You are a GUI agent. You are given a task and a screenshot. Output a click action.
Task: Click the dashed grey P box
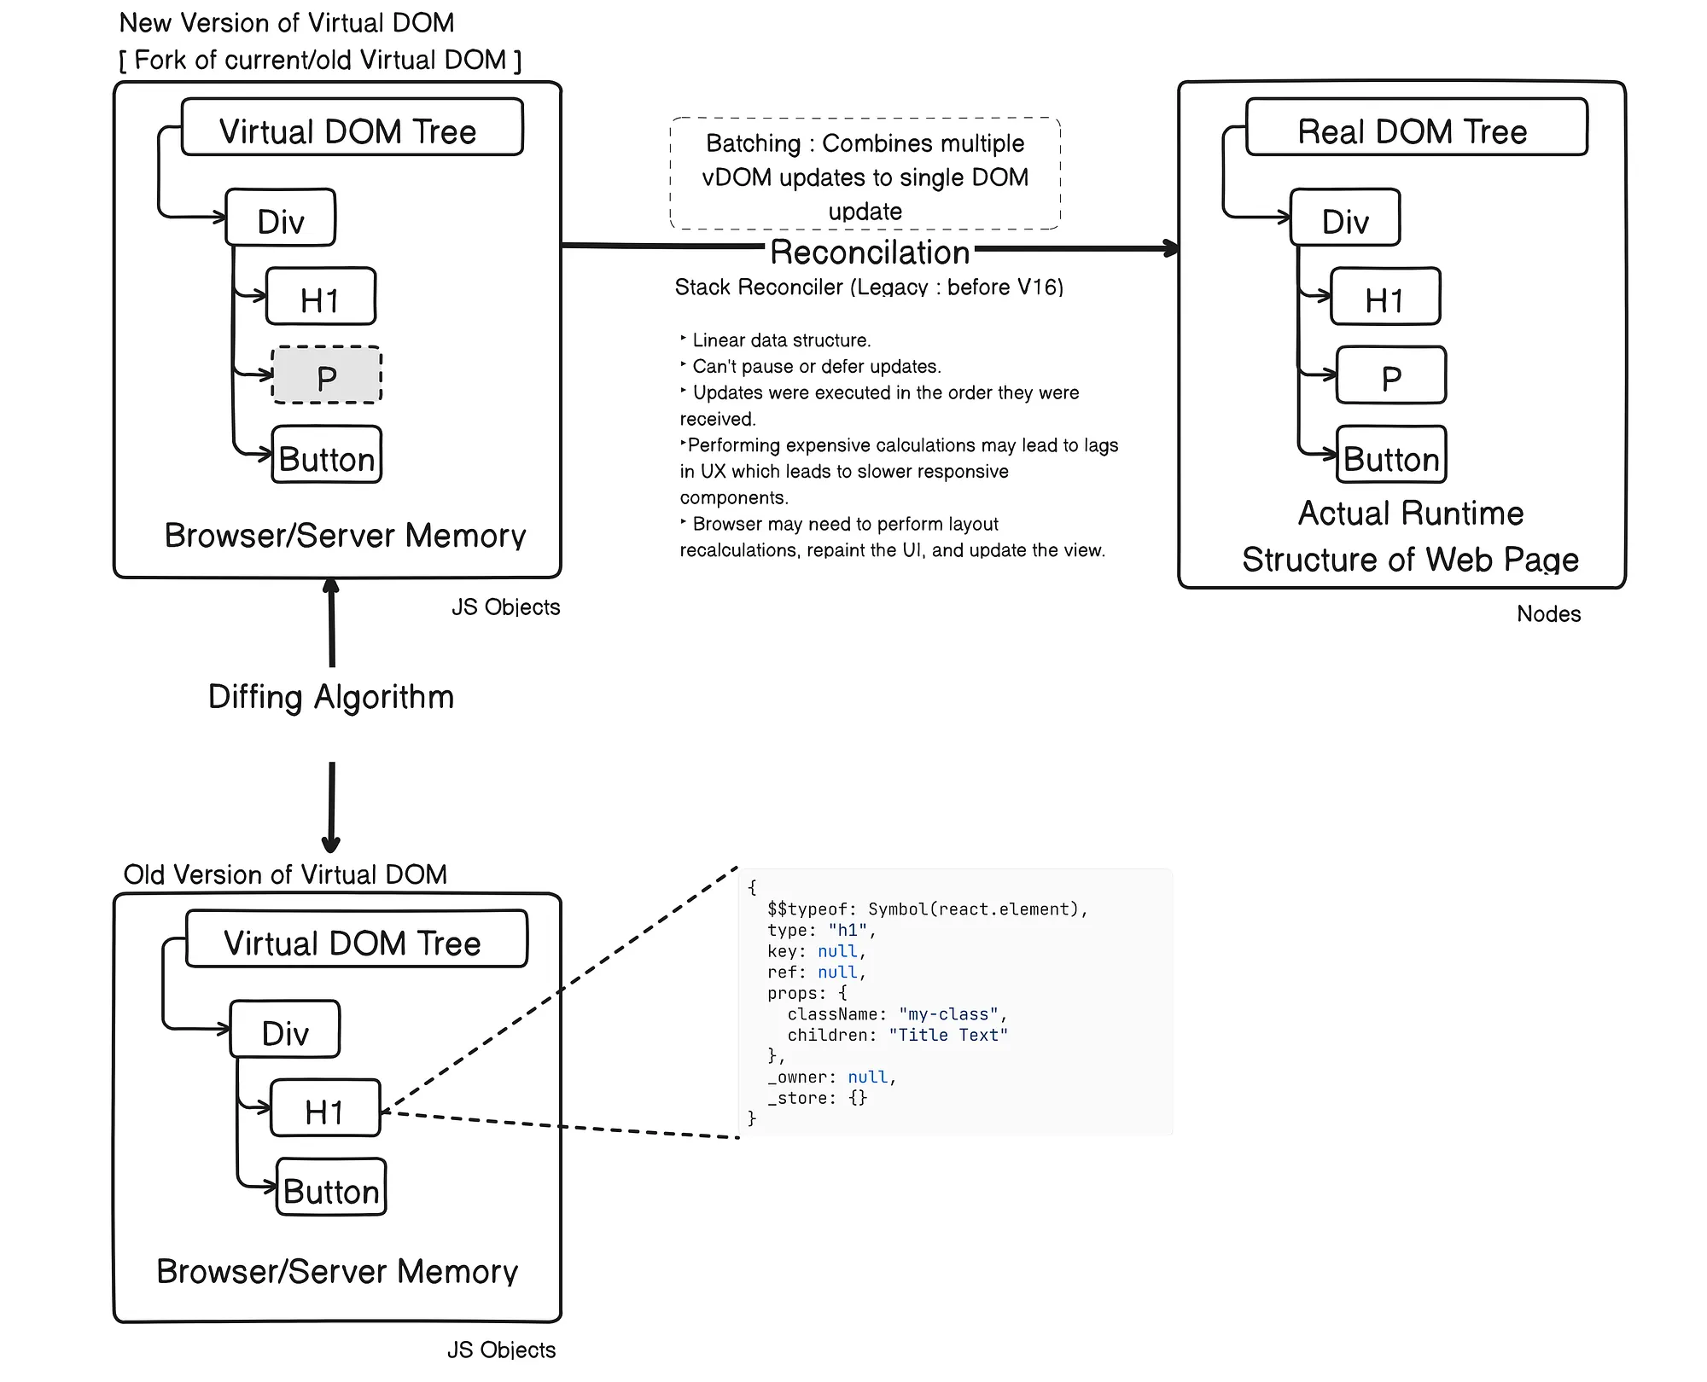point(327,375)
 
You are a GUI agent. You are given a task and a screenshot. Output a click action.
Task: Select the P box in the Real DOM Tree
point(1391,375)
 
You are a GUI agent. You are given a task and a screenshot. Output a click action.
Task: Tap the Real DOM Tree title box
point(1417,127)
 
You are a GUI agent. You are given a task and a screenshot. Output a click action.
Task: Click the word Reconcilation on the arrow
point(870,253)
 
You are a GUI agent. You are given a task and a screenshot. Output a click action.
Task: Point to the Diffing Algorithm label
point(331,697)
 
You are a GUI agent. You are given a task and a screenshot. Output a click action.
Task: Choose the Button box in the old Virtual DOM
point(331,1187)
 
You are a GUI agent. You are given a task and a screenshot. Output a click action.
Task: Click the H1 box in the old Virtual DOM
point(325,1108)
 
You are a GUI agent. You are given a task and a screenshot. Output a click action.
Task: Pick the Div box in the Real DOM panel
point(1345,218)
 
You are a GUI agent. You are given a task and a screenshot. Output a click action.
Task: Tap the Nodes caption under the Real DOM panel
point(1548,614)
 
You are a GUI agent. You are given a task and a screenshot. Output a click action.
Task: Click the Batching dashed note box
point(865,174)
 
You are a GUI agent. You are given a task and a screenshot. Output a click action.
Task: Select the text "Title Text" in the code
point(948,1035)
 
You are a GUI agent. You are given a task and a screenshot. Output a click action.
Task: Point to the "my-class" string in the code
point(948,1014)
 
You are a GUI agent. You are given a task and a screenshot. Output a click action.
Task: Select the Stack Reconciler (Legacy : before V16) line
point(869,287)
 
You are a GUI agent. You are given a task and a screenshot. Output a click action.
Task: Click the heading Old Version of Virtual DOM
point(285,874)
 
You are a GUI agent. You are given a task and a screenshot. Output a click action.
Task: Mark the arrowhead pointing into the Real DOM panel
point(1171,249)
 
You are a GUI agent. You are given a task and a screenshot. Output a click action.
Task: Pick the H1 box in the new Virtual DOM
point(321,296)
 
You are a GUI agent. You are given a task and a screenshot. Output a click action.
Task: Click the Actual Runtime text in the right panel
point(1411,514)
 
